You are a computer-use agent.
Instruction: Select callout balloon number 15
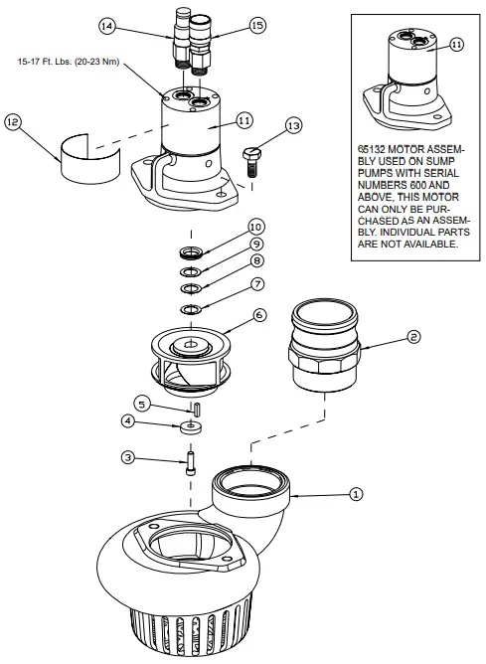coord(256,26)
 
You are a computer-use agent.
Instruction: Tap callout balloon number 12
coord(12,121)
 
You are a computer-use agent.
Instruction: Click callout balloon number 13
coord(291,125)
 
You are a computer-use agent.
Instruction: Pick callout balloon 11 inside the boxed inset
coord(456,44)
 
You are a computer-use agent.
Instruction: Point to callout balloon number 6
coord(259,314)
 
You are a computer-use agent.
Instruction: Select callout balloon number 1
coord(357,491)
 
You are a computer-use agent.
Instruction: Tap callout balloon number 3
coord(128,457)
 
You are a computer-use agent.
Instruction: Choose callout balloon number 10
coord(255,226)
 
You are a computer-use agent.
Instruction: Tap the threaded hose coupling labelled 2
coord(322,344)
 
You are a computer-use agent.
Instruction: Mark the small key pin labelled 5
coord(198,408)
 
